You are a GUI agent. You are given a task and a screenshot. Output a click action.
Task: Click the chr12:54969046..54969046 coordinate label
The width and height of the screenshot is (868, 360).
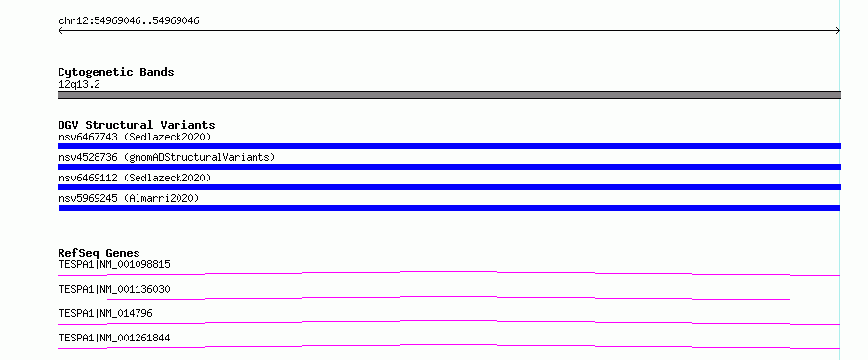coord(129,21)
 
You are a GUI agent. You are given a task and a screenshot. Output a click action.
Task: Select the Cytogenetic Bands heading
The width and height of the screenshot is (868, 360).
coord(116,72)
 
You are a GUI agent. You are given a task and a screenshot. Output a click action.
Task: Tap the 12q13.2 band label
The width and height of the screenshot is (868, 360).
coord(79,85)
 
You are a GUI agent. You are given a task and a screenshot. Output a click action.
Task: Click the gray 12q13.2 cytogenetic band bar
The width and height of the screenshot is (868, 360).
coord(449,95)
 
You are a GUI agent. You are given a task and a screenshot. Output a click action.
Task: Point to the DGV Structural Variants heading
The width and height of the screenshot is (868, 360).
coord(137,125)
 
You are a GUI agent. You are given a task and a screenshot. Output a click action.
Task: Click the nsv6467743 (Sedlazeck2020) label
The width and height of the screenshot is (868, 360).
coord(135,137)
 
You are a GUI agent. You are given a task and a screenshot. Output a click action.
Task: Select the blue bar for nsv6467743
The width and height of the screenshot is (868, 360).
coord(449,146)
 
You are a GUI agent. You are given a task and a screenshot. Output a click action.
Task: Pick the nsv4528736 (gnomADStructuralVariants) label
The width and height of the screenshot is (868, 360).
coord(167,157)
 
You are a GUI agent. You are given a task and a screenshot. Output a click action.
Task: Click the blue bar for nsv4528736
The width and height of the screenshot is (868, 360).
coord(449,167)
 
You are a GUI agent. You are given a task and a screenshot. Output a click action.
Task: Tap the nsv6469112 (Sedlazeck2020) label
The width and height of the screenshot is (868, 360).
coord(135,178)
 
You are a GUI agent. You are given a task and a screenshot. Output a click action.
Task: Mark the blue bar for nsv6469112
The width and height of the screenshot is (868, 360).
coord(449,187)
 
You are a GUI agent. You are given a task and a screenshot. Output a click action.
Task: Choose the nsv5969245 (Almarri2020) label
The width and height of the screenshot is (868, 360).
coord(129,198)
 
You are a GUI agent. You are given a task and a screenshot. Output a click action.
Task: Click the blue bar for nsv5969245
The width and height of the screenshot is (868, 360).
coord(449,208)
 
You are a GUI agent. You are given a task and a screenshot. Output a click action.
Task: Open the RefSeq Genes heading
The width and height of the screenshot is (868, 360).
coord(99,253)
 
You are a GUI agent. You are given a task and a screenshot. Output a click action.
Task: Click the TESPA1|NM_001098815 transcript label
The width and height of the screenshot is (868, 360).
coord(114,264)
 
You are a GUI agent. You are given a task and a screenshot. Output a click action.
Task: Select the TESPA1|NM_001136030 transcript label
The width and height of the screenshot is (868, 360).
coord(114,289)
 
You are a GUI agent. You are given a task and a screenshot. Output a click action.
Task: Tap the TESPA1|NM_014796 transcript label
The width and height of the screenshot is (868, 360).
coord(105,313)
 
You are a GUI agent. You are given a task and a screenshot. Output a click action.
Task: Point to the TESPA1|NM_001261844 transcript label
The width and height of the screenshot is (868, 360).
coord(114,338)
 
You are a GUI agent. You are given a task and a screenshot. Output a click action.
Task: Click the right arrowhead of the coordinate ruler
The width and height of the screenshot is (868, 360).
coord(839,31)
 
